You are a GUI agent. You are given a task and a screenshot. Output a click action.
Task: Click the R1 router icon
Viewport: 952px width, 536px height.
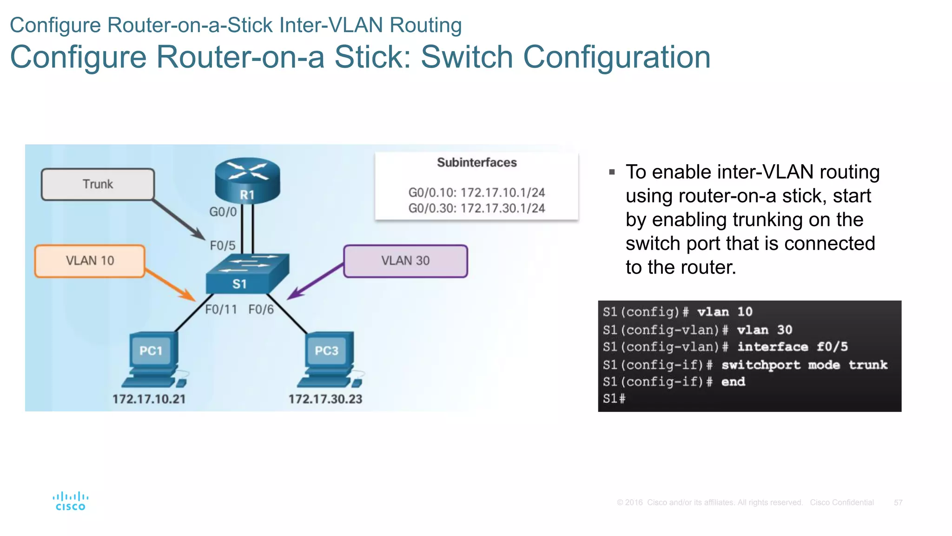point(247,181)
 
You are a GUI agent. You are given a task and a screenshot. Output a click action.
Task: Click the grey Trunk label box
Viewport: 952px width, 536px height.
point(98,185)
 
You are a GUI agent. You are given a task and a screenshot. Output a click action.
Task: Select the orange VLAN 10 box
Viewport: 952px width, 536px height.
point(90,261)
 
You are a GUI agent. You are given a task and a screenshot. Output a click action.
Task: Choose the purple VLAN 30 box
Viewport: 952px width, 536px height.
point(405,261)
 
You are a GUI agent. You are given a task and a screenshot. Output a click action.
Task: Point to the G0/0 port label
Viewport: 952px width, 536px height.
point(223,212)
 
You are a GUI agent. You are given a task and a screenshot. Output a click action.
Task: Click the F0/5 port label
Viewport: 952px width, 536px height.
point(223,246)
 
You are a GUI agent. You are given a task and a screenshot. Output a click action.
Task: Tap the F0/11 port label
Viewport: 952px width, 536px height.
point(221,309)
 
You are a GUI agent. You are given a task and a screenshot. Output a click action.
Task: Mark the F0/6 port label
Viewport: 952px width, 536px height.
point(261,309)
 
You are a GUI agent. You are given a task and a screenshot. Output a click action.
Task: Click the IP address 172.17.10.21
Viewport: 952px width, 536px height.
point(149,399)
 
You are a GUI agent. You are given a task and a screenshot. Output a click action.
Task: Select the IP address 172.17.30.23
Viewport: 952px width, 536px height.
point(325,399)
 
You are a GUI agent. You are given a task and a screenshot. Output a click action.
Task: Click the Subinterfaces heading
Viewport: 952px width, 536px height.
point(476,163)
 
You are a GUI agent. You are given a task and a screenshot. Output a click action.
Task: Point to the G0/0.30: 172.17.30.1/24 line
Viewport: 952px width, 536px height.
point(476,208)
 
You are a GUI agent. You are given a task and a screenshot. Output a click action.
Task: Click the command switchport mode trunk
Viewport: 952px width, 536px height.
point(804,365)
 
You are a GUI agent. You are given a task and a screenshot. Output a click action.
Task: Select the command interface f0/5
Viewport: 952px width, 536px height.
point(793,347)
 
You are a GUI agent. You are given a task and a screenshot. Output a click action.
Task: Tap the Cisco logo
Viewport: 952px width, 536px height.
point(70,502)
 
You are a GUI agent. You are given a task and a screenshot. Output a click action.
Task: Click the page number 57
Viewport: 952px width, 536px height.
point(898,502)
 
